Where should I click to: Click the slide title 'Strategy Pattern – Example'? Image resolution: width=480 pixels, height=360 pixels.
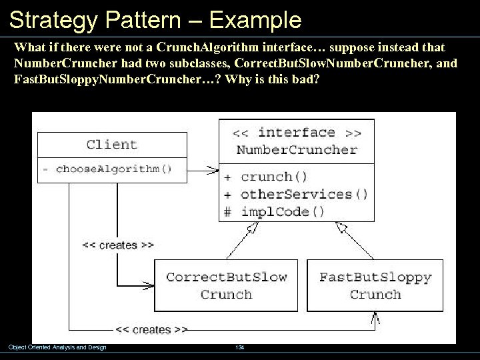155,20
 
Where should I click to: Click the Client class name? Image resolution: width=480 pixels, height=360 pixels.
112,144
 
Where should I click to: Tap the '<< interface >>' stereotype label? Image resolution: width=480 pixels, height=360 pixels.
297,132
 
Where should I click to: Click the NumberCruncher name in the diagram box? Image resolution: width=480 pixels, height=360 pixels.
297,149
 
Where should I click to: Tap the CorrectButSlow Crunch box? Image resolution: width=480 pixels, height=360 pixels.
226,285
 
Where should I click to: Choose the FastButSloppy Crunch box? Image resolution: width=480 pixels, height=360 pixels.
375,285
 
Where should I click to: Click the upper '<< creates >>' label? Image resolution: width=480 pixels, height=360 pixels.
118,245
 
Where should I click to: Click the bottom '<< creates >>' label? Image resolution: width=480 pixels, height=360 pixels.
152,329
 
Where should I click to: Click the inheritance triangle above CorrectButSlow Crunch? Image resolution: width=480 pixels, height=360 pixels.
252,229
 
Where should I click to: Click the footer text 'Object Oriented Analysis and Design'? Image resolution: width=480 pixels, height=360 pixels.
57,347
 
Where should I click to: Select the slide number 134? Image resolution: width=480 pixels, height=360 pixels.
239,347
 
